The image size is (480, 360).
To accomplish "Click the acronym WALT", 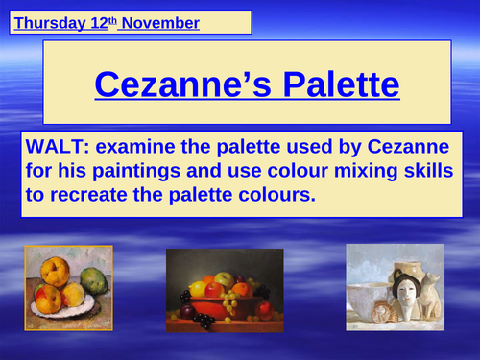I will tap(59, 148).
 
